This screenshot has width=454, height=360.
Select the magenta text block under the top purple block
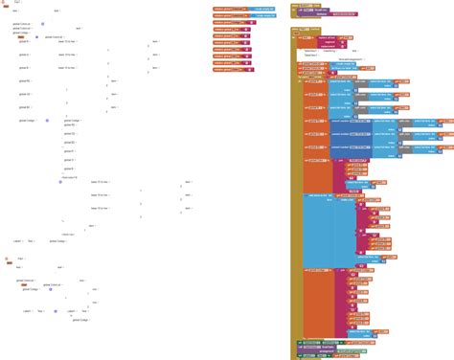(315, 16)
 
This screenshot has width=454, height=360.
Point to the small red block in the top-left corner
(5, 3)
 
